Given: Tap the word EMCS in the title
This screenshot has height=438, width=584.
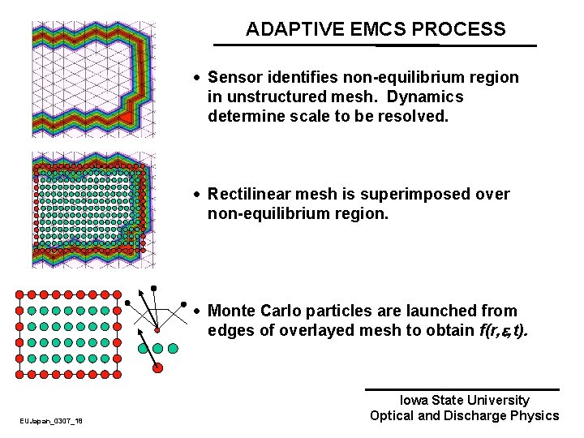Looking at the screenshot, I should pyautogui.click(x=380, y=30).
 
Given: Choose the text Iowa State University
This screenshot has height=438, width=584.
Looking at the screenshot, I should pyautogui.click(x=465, y=400).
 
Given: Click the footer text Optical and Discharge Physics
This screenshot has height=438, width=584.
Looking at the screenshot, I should pyautogui.click(x=465, y=416).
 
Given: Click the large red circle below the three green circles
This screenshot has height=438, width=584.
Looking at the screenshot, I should pyautogui.click(x=157, y=367).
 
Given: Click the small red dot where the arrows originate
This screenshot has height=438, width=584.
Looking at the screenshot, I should pyautogui.click(x=157, y=329).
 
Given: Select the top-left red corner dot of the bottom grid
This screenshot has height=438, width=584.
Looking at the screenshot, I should pyautogui.click(x=19, y=293).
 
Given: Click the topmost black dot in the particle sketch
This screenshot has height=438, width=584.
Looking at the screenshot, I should pyautogui.click(x=154, y=287).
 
